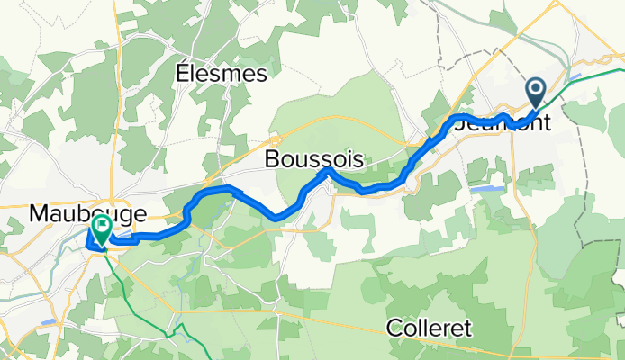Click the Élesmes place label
[x=222, y=72]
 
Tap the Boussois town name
[x=314, y=159]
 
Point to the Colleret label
[x=430, y=328]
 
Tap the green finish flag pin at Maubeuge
[x=101, y=229]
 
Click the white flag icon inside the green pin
[x=101, y=226]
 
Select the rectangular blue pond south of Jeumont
[x=487, y=189]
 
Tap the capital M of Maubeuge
[x=40, y=214]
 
